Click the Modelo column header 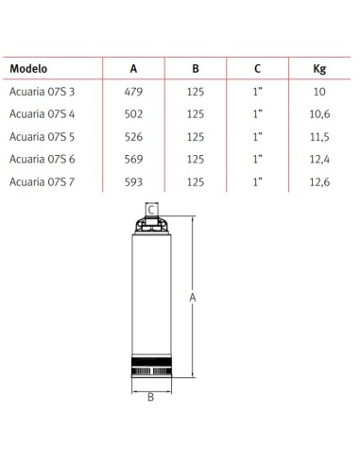[28, 69]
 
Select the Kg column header [319, 69]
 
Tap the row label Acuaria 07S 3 [42, 92]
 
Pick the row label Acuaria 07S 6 [43, 159]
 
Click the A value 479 [133, 92]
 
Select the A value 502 [133, 114]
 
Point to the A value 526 [133, 137]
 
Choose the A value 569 [133, 159]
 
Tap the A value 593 [133, 181]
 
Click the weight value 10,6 [319, 114]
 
